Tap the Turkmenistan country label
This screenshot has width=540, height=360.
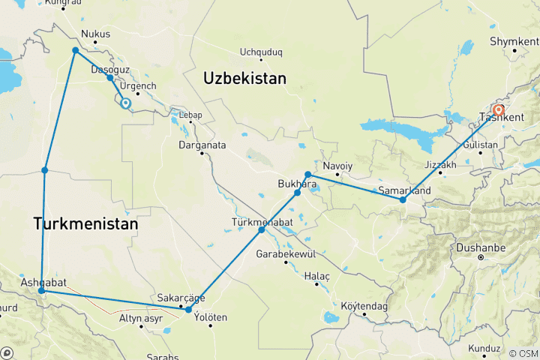(85, 223)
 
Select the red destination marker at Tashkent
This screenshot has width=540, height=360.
(498, 110)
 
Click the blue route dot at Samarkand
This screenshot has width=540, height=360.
(403, 200)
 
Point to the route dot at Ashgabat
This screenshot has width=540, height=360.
(41, 290)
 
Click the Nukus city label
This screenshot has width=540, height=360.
(95, 34)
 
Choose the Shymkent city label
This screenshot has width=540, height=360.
(514, 40)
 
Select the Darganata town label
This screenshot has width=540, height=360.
(202, 144)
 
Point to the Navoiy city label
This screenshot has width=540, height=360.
(337, 165)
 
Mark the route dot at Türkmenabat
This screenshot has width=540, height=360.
(262, 229)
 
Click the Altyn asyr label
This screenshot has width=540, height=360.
(140, 318)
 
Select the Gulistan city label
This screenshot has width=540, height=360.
(481, 143)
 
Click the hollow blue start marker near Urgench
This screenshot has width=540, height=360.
(125, 104)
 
